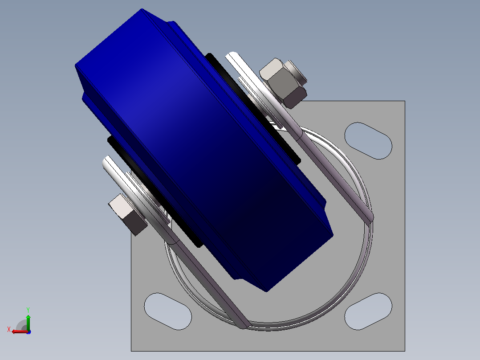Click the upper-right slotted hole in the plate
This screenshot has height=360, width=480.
pyautogui.click(x=368, y=141)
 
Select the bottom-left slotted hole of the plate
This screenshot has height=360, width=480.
pyautogui.click(x=168, y=311)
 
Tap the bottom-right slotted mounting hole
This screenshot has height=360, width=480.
pyautogui.click(x=368, y=311)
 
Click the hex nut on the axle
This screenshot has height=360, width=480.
pyautogui.click(x=282, y=83)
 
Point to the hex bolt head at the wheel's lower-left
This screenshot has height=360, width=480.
pyautogui.click(x=127, y=214)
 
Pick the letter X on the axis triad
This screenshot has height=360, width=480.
pyautogui.click(x=9, y=330)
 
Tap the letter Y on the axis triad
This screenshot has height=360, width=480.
pyautogui.click(x=28, y=310)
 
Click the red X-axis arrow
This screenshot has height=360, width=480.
pyautogui.click(x=20, y=331)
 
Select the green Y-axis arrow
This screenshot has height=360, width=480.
pyautogui.click(x=28, y=322)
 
